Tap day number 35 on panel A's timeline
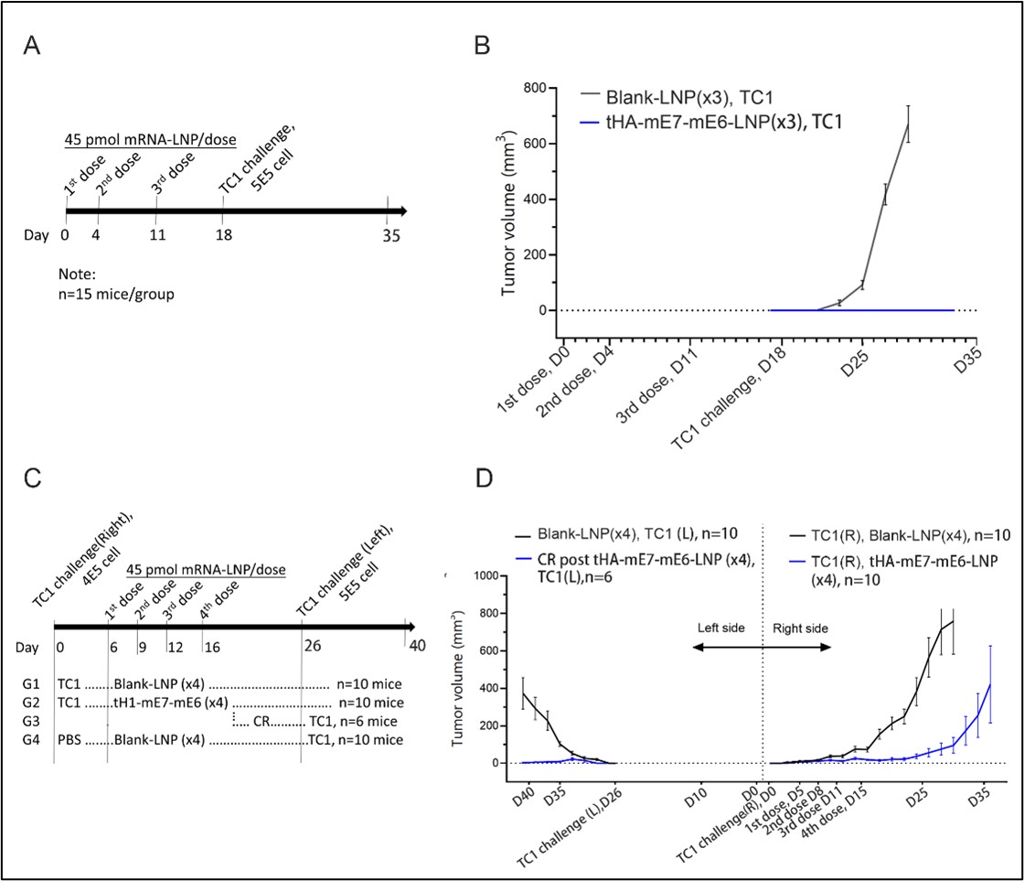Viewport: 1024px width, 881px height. (x=389, y=234)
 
